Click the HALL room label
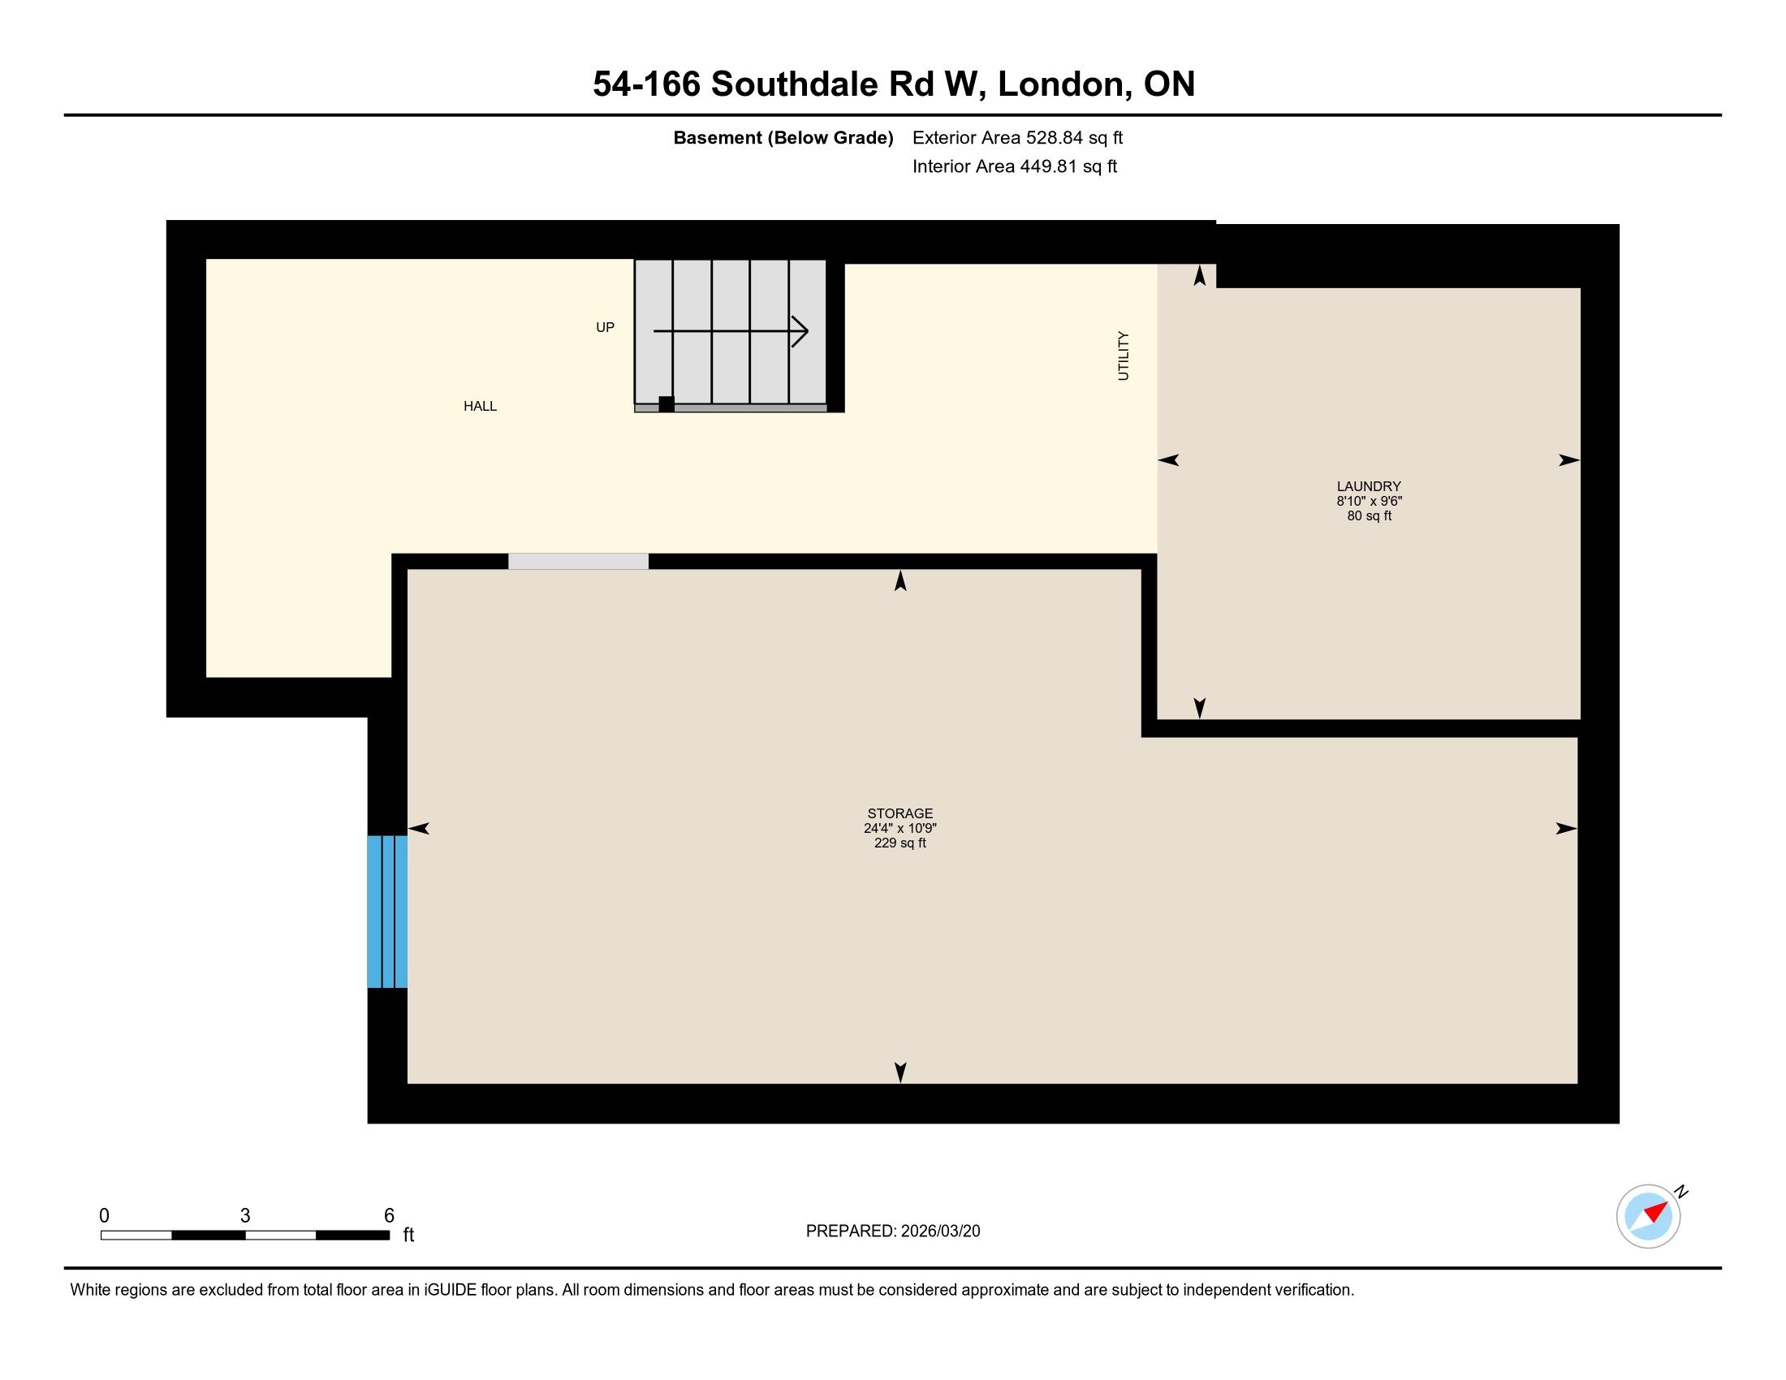click(x=480, y=407)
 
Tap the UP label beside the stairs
click(x=605, y=327)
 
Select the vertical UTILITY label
click(x=1123, y=356)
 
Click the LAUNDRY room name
click(x=1369, y=486)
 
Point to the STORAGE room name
click(x=900, y=813)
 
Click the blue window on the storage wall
click(x=386, y=912)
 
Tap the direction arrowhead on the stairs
click(x=800, y=331)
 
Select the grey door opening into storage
click(x=578, y=561)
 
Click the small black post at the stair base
click(x=667, y=404)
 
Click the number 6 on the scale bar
click(x=389, y=1215)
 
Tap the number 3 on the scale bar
click(x=245, y=1215)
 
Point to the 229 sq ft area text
click(x=900, y=843)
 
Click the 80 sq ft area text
click(x=1369, y=515)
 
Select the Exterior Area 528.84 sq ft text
click(x=1017, y=138)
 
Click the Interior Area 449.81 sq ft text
click(x=1015, y=166)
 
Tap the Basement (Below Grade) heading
click(x=783, y=138)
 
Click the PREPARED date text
click(x=893, y=1231)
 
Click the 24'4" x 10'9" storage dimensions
click(x=900, y=828)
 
